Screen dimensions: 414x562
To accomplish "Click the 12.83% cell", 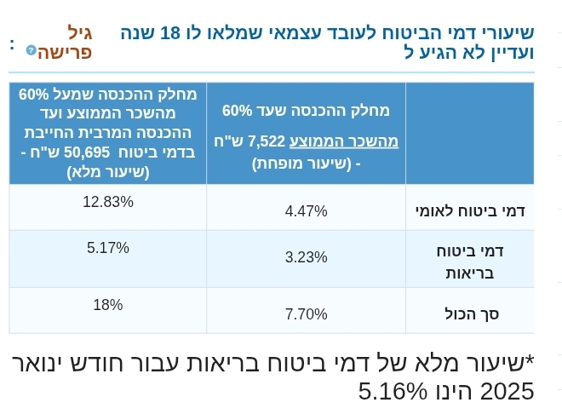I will coord(108,202).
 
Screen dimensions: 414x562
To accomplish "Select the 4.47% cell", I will coord(306,211).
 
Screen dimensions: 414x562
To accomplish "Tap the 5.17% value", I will coord(108,248).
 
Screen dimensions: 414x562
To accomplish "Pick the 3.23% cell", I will coord(306,257).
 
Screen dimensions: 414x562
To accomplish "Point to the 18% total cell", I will coord(108,305).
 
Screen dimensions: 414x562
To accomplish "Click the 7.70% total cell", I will coord(306,314).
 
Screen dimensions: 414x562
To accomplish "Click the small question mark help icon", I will coord(32,50).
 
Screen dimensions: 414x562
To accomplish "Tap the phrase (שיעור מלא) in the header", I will coord(108,171).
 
